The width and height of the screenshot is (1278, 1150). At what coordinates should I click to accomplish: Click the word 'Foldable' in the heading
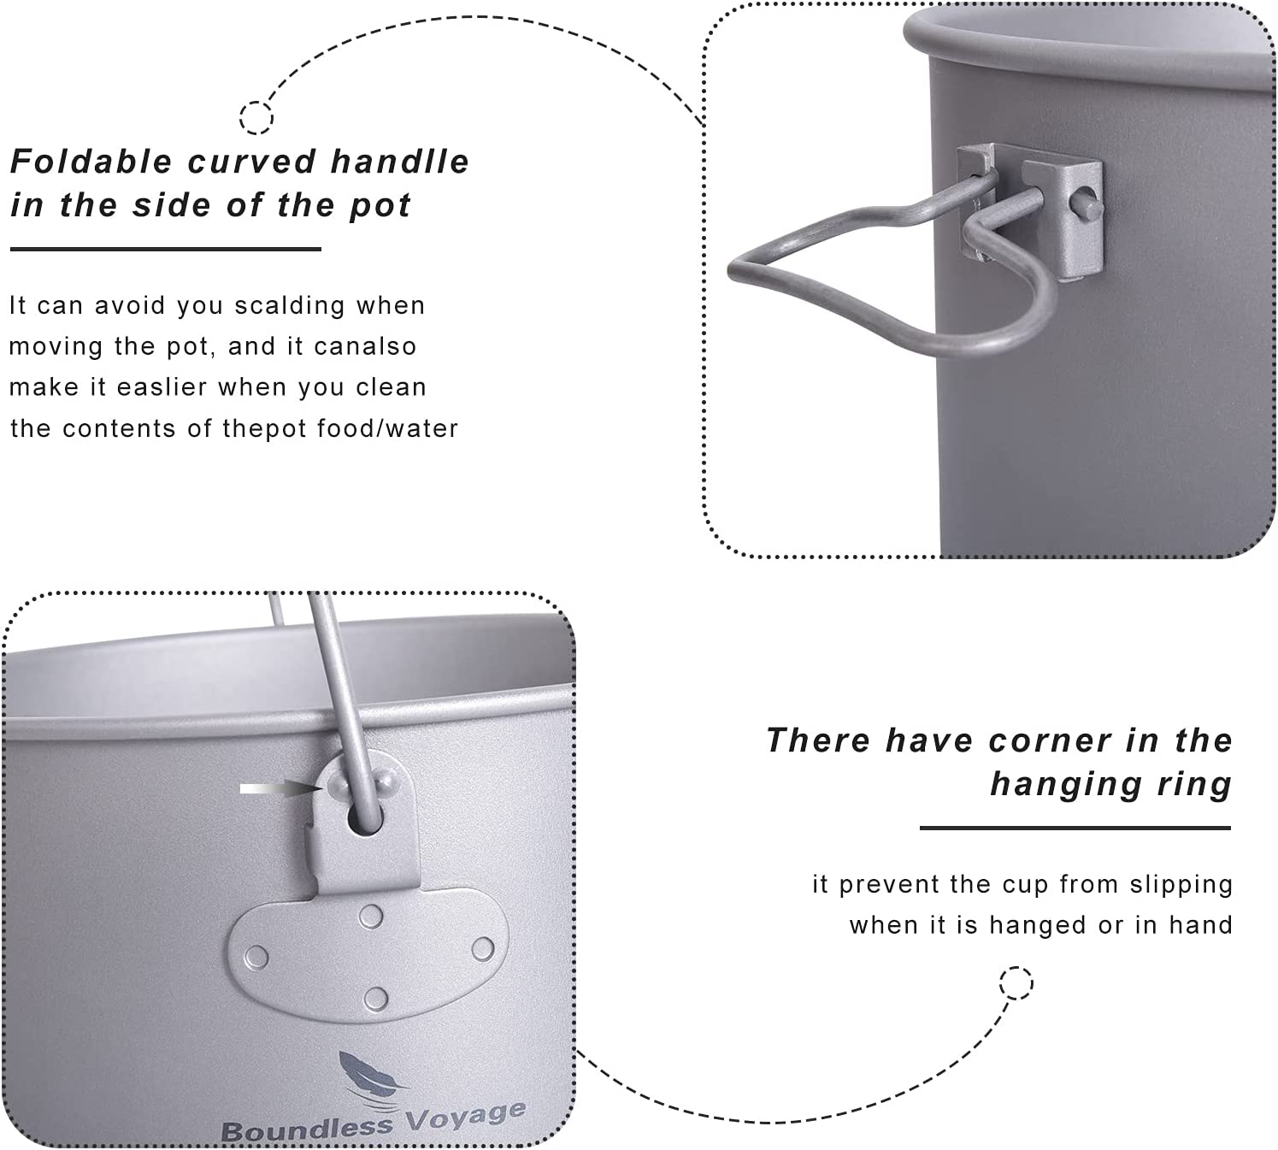click(91, 162)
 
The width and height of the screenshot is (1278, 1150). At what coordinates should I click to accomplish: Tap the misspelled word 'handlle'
click(400, 162)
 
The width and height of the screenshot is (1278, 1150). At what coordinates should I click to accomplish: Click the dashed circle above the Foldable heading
click(256, 118)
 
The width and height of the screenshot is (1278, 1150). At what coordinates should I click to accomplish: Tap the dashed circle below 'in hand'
click(1016, 983)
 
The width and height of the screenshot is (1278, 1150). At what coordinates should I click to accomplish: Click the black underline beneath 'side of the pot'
click(166, 249)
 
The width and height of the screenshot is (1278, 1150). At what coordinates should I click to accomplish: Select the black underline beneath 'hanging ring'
click(1075, 828)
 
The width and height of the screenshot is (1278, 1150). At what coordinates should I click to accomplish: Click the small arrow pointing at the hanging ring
click(282, 788)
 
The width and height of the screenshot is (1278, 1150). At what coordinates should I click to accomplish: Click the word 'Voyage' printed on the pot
click(465, 1118)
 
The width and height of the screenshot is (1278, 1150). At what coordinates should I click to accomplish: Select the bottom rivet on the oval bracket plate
click(375, 999)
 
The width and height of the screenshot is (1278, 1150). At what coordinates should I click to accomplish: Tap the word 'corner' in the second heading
click(1050, 740)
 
